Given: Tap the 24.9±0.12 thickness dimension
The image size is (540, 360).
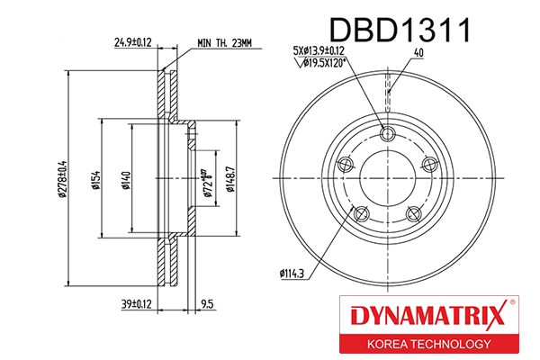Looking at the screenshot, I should [x=132, y=41].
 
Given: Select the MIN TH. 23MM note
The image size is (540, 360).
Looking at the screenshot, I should [x=227, y=41].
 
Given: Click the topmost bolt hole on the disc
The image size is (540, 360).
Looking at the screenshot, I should [x=388, y=135].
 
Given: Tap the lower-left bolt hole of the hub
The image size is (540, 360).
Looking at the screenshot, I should [x=361, y=213].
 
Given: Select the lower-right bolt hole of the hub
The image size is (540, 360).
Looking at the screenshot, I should [x=414, y=213].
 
